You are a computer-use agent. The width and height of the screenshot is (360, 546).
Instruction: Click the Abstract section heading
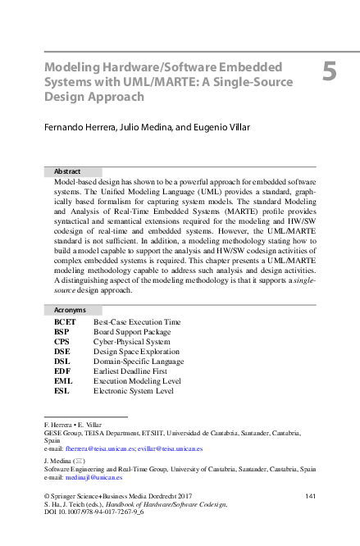[67, 171]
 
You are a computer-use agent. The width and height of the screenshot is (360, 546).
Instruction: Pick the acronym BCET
[65, 322]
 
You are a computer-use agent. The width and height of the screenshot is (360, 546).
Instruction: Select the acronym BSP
[62, 332]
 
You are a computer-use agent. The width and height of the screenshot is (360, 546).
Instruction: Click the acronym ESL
[62, 391]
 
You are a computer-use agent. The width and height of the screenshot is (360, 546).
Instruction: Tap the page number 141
[310, 497]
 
